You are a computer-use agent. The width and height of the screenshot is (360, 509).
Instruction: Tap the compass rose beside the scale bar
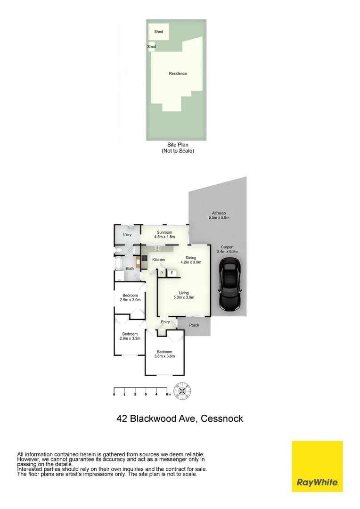pyautogui.click(x=182, y=390)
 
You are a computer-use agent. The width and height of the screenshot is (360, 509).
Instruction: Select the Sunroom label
pyautogui.click(x=164, y=232)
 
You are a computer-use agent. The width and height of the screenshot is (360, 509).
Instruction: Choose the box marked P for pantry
pyautogui.click(x=161, y=273)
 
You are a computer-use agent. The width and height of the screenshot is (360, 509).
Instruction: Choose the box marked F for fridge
pyautogui.click(x=172, y=273)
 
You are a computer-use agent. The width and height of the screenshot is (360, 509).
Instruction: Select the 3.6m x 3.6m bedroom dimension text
pyautogui.click(x=164, y=356)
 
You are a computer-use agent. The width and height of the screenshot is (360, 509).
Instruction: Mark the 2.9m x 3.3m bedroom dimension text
pyautogui.click(x=130, y=338)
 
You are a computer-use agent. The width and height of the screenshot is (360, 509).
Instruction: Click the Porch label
pyautogui.click(x=194, y=325)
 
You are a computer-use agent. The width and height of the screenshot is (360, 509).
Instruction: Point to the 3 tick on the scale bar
pyautogui.click(x=146, y=394)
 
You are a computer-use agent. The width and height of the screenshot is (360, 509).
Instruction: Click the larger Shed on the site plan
pyautogui.click(x=158, y=32)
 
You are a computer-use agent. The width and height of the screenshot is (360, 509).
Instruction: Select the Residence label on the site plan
pyautogui.click(x=178, y=74)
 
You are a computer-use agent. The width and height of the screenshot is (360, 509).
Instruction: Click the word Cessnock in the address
pyautogui.click(x=221, y=418)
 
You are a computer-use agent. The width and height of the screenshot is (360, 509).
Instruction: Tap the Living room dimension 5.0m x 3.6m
pyautogui.click(x=183, y=297)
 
